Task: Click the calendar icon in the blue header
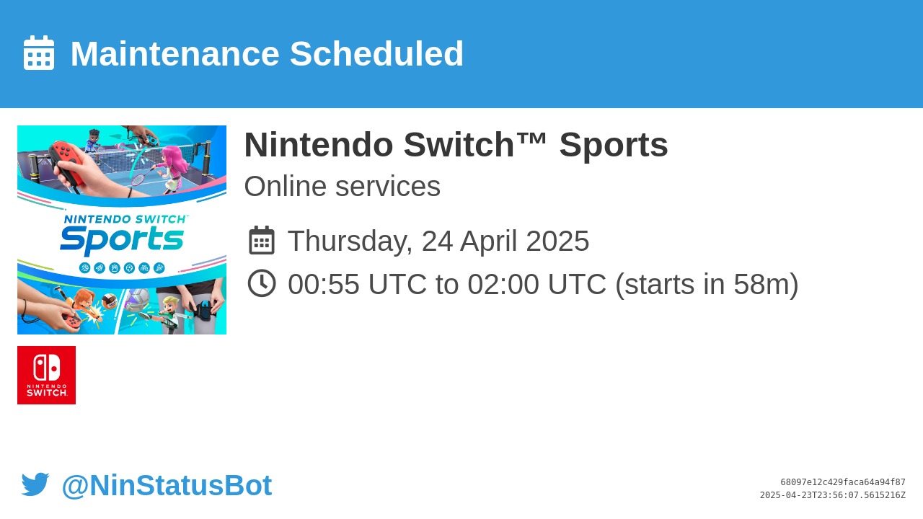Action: coord(39,53)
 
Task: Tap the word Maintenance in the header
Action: coord(175,53)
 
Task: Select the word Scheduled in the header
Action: coord(376,53)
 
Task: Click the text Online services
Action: coord(342,186)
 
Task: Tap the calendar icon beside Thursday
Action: coord(262,240)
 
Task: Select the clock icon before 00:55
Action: coord(262,283)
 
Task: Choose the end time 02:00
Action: coord(503,284)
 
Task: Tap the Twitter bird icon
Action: coord(35,484)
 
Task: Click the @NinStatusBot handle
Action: coord(167,485)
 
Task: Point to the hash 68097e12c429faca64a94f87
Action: coord(843,482)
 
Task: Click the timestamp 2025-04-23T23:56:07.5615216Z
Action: coord(833,495)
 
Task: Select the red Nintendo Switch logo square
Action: coord(47,376)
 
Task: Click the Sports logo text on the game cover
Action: coord(122,239)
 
